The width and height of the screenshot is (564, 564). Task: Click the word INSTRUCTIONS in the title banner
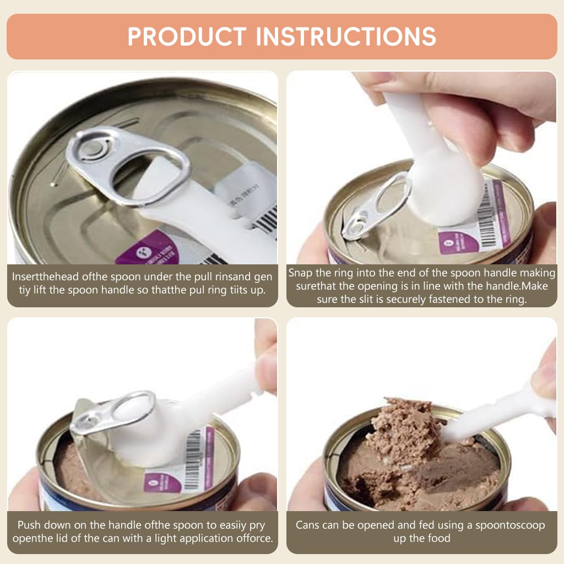click(346, 36)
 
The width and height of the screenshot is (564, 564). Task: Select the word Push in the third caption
click(30, 525)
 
